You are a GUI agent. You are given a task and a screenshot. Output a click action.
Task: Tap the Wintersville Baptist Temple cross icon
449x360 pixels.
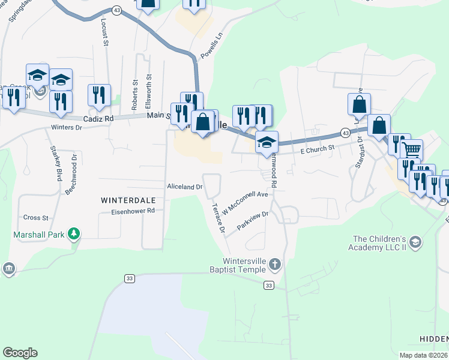click(x=274, y=264)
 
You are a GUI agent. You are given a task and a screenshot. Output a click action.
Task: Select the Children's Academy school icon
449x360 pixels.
click(x=415, y=242)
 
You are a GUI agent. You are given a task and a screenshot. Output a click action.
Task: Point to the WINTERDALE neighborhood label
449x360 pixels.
click(x=127, y=200)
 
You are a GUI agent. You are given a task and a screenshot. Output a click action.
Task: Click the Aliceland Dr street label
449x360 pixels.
click(x=185, y=187)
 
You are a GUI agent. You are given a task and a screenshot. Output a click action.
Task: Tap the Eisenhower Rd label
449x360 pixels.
click(x=133, y=211)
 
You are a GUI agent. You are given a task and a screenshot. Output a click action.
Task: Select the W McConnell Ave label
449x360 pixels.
click(x=244, y=203)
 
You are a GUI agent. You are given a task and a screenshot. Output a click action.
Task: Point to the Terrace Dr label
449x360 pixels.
click(x=217, y=218)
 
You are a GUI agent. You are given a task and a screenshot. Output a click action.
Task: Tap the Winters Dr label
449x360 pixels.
click(x=66, y=127)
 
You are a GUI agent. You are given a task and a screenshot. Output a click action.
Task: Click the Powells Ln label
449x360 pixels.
click(x=211, y=46)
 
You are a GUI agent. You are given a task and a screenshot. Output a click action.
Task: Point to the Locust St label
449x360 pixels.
click(x=104, y=35)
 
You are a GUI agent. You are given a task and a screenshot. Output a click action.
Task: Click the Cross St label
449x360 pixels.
click(x=35, y=218)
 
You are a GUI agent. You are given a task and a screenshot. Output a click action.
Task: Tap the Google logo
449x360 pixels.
click(x=20, y=353)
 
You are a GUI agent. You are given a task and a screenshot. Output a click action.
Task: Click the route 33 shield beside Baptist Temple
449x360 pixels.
click(x=269, y=286)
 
